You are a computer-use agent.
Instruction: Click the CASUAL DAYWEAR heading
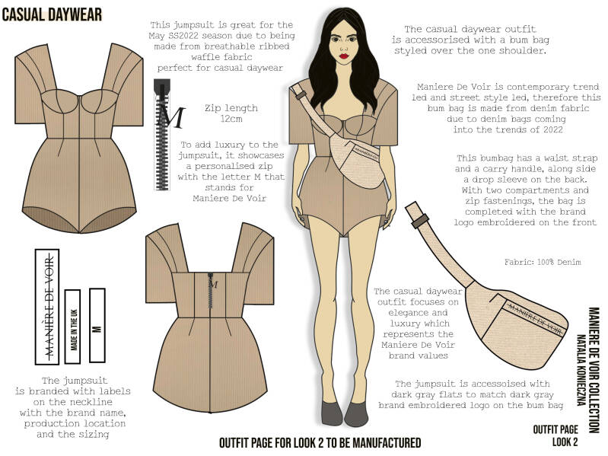[x=52, y=15]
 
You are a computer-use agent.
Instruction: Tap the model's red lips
[x=343, y=56]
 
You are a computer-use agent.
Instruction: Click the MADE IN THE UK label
[x=73, y=326]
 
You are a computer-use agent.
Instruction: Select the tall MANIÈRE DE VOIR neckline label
[x=47, y=307]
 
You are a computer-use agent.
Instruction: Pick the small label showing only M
[x=97, y=325]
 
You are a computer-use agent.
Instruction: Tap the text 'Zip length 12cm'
[x=231, y=113]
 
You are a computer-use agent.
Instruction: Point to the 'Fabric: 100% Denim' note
[x=543, y=262]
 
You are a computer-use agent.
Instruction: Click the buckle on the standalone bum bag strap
[x=420, y=221]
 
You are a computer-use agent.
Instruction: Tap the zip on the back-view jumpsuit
[x=211, y=294]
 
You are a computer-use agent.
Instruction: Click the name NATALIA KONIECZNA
[x=580, y=370]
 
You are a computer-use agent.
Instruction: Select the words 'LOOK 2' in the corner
[x=565, y=442]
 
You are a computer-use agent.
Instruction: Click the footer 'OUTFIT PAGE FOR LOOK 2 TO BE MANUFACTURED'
[x=320, y=443]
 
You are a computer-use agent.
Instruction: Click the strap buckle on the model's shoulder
[x=298, y=94]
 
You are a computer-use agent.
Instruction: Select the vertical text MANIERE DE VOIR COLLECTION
[x=594, y=370]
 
